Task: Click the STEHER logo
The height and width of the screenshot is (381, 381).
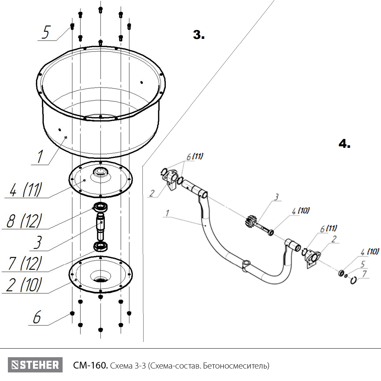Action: pos(35,365)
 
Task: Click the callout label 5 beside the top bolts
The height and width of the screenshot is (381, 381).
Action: pos(46,32)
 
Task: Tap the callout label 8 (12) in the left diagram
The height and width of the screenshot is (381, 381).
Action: pos(24,221)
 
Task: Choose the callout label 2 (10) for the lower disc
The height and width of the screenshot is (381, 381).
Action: pos(24,285)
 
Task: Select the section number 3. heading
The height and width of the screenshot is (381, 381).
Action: pos(199,35)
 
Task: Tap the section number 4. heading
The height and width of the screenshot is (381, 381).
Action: pos(344,144)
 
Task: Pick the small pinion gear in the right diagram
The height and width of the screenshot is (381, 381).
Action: pos(250,221)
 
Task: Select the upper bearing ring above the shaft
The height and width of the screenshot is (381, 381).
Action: pos(101,207)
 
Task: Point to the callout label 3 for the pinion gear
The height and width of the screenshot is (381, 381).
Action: pos(277,197)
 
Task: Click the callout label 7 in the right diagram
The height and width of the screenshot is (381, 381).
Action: pos(364,274)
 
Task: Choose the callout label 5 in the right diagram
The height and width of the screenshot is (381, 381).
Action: pos(363,264)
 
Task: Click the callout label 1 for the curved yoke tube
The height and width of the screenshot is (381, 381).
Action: pos(167,213)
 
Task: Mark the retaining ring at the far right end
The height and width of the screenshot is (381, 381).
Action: pos(353,280)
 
